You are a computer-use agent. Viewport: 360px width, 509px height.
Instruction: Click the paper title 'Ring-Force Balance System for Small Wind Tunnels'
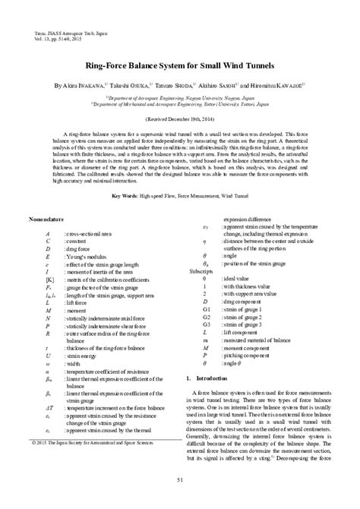coord(180,66)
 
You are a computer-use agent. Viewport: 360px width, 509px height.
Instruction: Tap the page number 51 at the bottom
coord(180,479)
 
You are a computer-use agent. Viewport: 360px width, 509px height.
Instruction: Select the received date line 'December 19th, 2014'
coord(180,119)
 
